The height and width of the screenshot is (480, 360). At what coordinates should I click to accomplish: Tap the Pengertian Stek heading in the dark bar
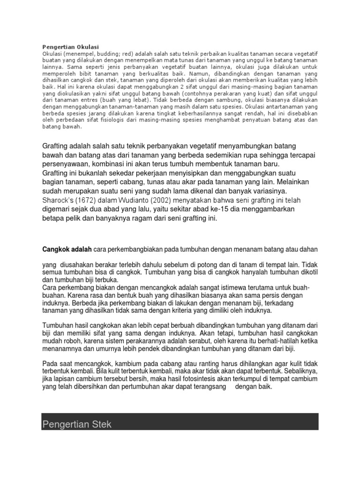click(x=77, y=425)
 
